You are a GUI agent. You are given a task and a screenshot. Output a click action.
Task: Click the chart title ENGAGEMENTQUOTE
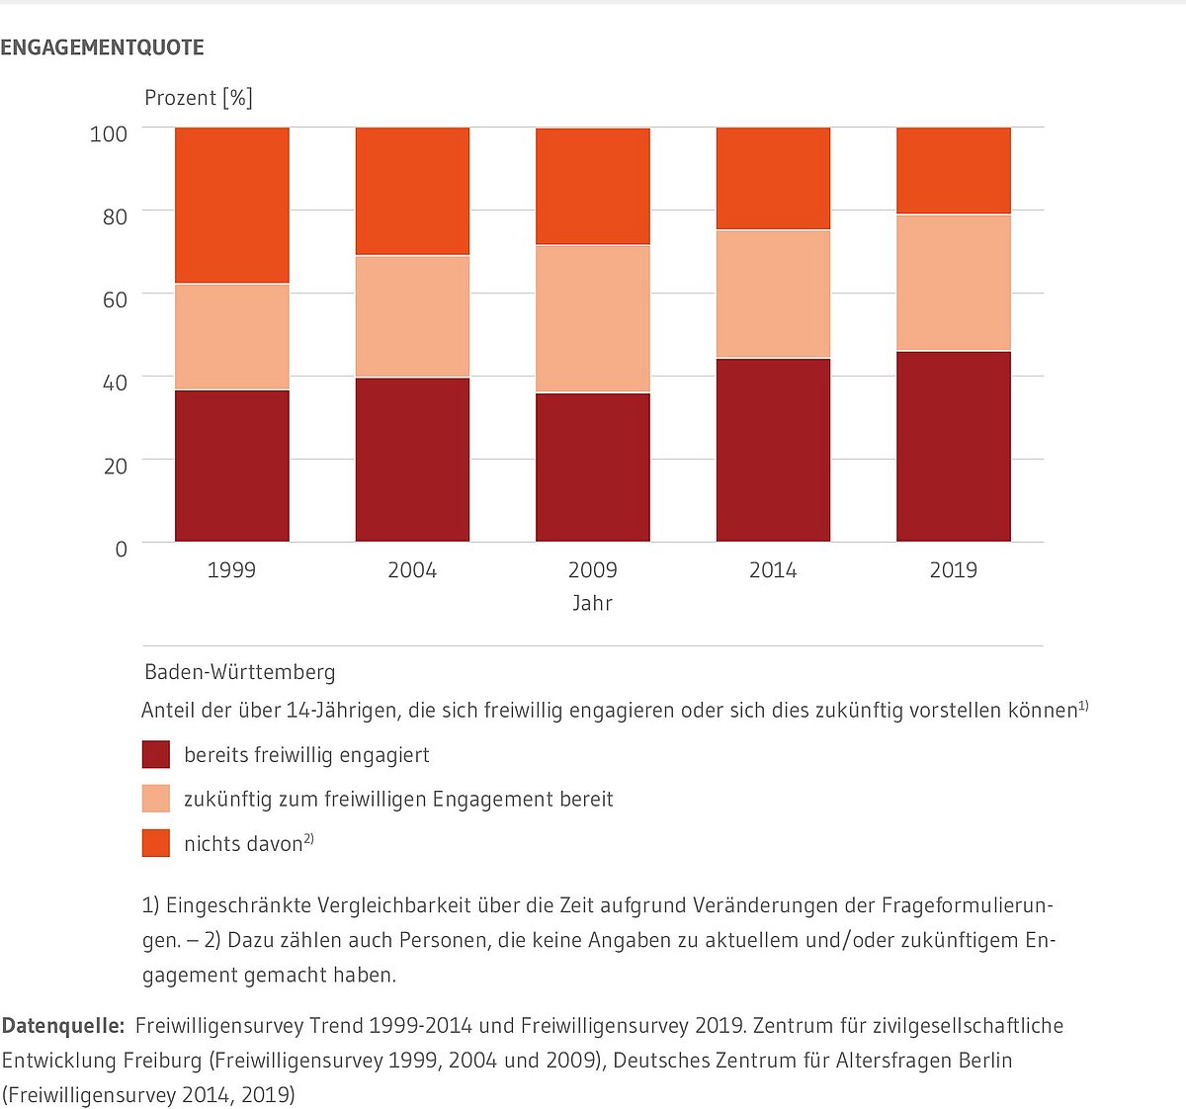(102, 47)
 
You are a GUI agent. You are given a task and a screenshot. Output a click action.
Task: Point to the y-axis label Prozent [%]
(198, 98)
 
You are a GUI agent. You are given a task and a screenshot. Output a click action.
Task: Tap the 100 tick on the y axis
(109, 133)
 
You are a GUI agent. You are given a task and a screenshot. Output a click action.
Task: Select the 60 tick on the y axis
(115, 299)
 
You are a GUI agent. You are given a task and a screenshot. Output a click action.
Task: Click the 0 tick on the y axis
(121, 549)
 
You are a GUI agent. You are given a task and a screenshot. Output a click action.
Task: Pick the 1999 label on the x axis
(231, 570)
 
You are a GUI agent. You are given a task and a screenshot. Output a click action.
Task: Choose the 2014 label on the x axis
(772, 570)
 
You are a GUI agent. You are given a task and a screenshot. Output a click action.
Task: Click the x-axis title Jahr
(592, 603)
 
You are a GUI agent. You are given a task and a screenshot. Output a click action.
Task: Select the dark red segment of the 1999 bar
(232, 466)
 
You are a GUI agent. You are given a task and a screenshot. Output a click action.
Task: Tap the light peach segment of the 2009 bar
(593, 318)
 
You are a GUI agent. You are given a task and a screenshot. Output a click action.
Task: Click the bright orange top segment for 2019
(953, 170)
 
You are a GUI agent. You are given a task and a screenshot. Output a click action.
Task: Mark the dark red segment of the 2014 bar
(773, 450)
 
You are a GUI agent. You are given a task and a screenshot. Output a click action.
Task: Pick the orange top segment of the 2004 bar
(412, 191)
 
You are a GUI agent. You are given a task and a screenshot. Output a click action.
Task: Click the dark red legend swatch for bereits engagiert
(156, 755)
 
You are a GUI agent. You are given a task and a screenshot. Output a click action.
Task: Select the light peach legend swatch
(156, 799)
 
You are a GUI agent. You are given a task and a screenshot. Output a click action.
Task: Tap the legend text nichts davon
(243, 843)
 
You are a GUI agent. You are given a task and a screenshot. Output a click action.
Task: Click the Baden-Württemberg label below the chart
(240, 672)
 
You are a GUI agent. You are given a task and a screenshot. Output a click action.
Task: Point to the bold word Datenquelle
(63, 1026)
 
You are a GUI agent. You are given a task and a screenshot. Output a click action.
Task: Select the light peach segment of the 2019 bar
(953, 283)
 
